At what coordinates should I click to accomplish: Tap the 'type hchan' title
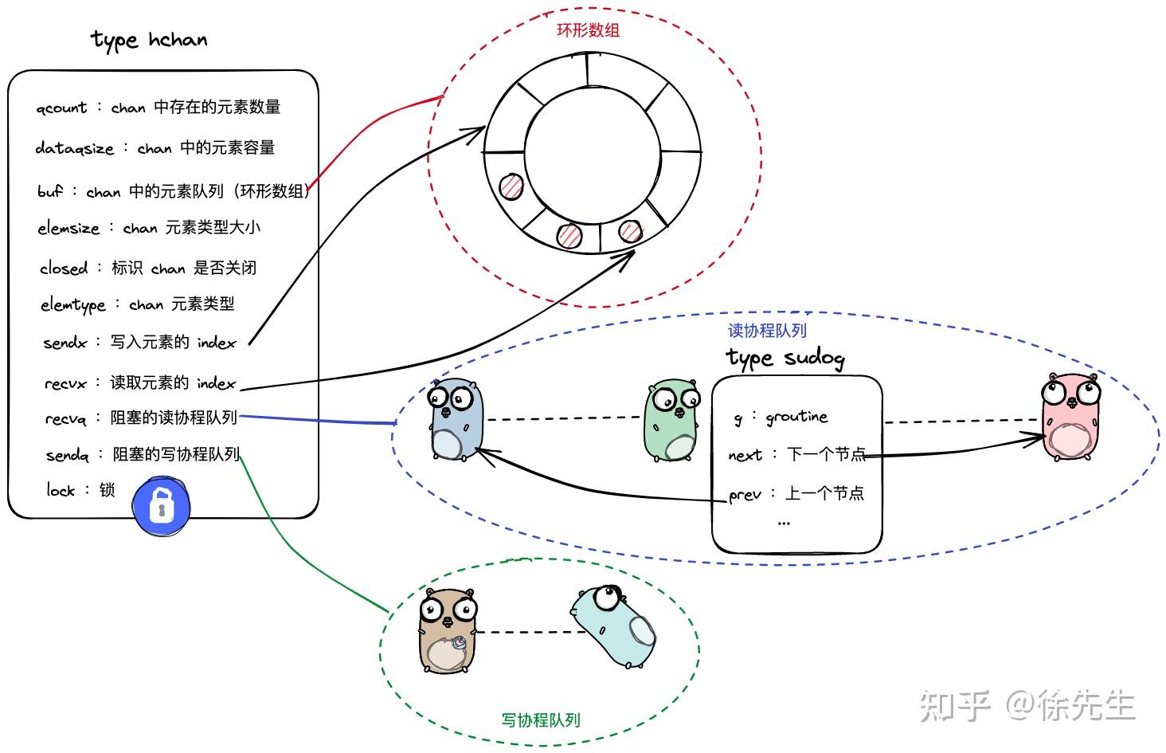coord(149,40)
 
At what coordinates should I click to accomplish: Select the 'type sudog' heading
coord(785,358)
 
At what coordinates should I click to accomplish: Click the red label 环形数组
coord(588,30)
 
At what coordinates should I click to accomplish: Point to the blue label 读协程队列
coord(767,330)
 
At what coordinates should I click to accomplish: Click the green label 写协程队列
coord(541,720)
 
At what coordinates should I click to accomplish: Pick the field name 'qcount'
coord(61,108)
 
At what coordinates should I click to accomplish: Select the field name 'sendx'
coord(65,343)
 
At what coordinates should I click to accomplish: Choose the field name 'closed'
coord(64,269)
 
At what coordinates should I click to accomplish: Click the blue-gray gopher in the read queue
coord(456,419)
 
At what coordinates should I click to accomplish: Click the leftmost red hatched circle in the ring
coord(511,187)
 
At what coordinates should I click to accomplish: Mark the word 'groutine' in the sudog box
coord(796,417)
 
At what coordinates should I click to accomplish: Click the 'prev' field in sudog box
coord(745,495)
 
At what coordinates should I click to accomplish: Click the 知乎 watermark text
coord(954,706)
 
